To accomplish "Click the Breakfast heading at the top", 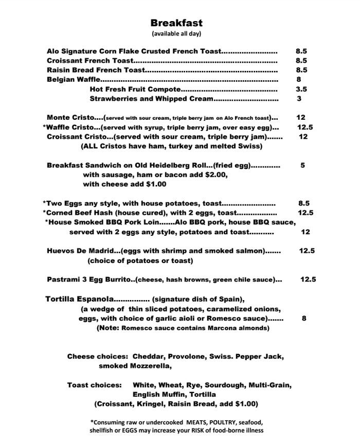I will [176, 23].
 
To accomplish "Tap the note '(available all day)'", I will [176, 34].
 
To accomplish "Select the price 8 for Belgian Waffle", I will [299, 80].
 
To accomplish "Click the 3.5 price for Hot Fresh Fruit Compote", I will [301, 89].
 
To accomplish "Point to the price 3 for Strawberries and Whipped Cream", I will [299, 99].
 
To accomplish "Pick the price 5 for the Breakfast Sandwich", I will [303, 165].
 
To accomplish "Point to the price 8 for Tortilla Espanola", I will [304, 319].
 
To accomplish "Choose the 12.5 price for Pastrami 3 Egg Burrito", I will [308, 280].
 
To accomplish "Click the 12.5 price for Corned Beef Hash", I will [305, 213].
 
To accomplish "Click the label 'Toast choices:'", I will [95, 385].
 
